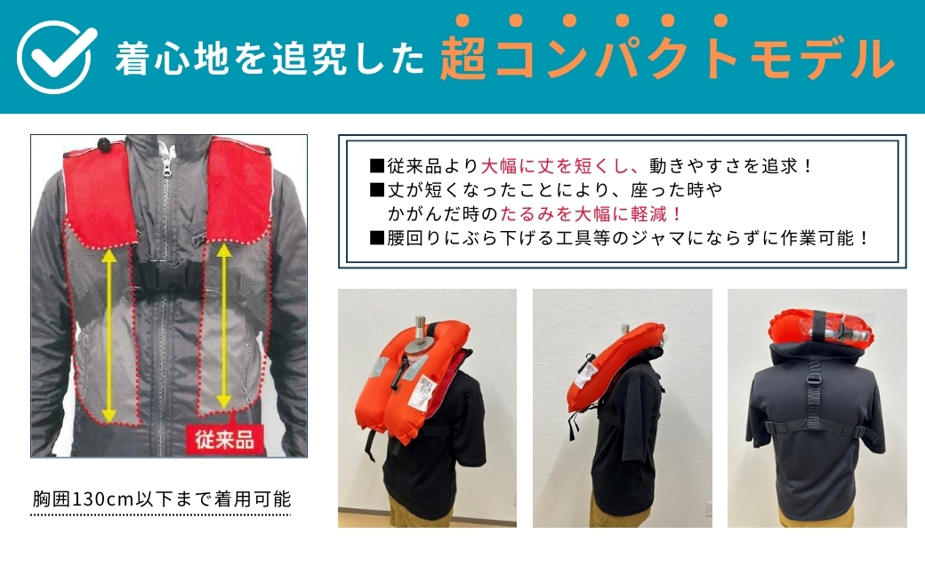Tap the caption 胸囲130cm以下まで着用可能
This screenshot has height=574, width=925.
[x=161, y=499]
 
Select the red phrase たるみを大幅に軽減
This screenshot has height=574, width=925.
[x=591, y=214]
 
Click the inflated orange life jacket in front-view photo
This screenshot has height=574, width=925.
[x=405, y=391]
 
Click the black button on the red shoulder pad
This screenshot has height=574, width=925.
[x=102, y=143]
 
